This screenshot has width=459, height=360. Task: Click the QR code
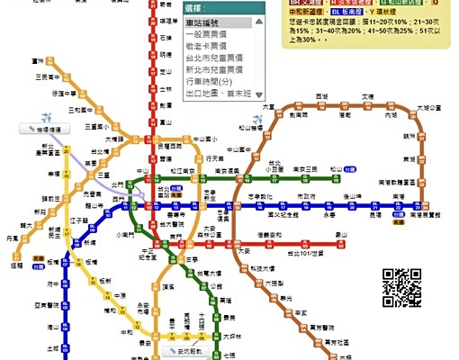(403, 286)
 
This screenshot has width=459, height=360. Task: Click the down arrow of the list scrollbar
(259, 94)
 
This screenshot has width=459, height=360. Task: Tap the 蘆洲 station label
(37, 60)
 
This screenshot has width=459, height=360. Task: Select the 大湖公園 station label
(434, 108)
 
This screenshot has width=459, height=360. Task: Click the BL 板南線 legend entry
(346, 13)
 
